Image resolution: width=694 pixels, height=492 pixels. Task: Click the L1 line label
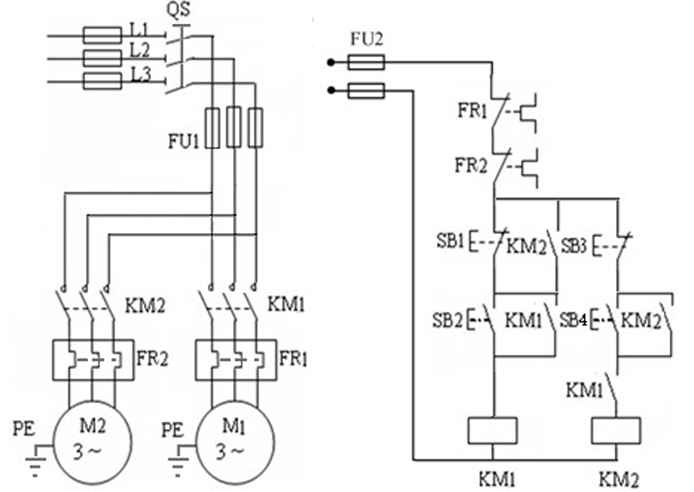140,29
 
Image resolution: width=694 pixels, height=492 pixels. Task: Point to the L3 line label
141,75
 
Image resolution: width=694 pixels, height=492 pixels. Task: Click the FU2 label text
366,39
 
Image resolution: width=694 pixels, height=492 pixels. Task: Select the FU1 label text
183,141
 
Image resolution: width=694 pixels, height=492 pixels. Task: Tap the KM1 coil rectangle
493,430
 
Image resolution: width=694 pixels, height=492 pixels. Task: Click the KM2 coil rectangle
616,430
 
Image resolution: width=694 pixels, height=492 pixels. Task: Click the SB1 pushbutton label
450,241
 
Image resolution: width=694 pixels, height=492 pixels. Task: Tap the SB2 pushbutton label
447,321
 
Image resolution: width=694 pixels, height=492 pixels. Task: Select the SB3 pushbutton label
573,246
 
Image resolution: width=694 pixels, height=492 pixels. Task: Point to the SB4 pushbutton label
573,321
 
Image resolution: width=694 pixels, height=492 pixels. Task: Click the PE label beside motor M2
24,429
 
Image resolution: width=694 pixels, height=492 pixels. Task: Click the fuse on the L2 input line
102,58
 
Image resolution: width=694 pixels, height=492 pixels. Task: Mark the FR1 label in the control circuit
472,110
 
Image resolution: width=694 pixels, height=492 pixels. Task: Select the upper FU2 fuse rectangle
366,63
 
